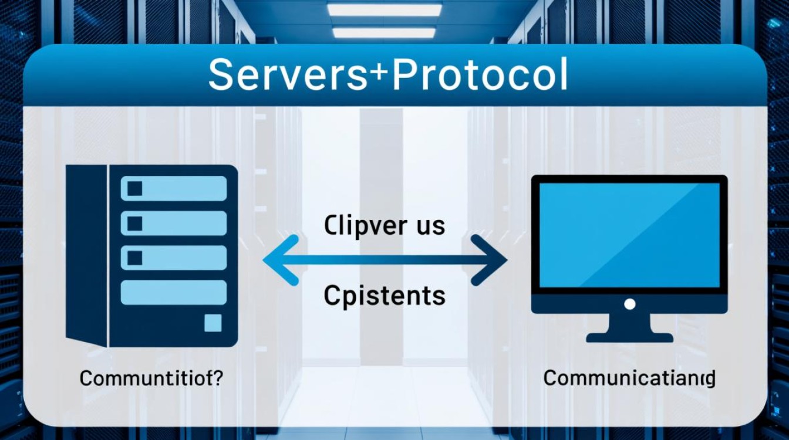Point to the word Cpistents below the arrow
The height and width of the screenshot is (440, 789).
click(385, 296)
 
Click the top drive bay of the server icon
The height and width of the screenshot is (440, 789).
click(174, 189)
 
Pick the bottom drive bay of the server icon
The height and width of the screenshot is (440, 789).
click(174, 292)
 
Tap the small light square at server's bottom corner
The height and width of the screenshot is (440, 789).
click(213, 323)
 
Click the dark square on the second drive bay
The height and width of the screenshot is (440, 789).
click(135, 223)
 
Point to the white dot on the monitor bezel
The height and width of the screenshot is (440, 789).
click(629, 304)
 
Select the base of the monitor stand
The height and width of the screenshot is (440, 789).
click(629, 337)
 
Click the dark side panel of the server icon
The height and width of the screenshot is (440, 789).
click(86, 255)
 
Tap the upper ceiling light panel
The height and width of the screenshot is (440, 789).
click(385, 10)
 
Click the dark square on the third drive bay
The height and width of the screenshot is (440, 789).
click(135, 258)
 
